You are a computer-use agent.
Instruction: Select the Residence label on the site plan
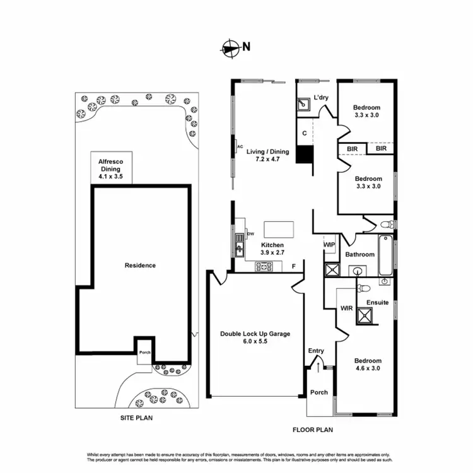140,266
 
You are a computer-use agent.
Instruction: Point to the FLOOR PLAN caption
312,430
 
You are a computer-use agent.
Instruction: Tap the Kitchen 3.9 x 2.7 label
273,248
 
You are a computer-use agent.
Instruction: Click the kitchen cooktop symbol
264,267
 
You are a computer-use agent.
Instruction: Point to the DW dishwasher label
250,234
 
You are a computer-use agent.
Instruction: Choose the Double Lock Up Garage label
255,337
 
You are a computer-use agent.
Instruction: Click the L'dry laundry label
321,98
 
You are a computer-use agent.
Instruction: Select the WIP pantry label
329,244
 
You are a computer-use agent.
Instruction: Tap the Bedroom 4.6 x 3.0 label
366,365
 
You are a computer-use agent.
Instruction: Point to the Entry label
316,351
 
